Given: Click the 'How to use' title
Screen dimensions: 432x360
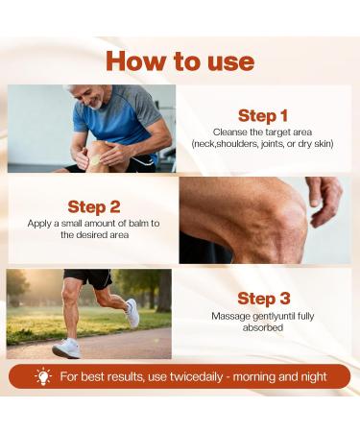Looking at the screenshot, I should (180, 60).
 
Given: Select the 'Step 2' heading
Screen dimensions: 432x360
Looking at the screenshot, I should (93, 206).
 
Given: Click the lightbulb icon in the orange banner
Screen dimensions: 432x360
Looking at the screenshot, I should (43, 376).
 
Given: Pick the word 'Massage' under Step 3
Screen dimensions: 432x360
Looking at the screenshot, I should (232, 316).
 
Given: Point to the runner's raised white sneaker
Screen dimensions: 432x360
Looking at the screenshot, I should (132, 313).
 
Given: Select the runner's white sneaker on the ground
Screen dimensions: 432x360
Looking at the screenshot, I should (66, 349).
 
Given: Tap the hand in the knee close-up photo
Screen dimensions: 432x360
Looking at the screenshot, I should (324, 197).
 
